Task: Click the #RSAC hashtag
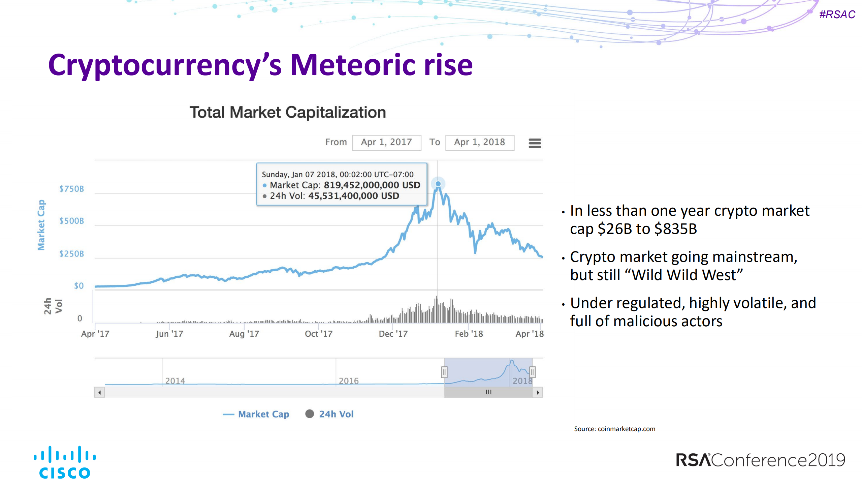coord(837,14)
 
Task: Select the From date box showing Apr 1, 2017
coord(386,143)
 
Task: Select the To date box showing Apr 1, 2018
coord(479,143)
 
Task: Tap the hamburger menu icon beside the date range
coord(535,143)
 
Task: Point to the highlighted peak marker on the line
coord(438,184)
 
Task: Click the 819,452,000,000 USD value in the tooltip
coord(372,185)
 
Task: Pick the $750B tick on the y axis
coord(72,189)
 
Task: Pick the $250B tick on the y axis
coord(72,254)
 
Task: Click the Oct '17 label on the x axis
coord(318,334)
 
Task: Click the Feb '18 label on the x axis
coord(469,334)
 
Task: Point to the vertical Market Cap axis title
coord(41,225)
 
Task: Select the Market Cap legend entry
coord(256,414)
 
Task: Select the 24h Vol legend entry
coord(329,414)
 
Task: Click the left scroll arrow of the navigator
coord(99,392)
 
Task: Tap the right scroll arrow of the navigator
coord(538,392)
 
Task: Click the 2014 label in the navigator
coord(175,381)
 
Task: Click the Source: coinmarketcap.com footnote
coord(614,429)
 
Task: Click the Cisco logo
coord(65,462)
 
